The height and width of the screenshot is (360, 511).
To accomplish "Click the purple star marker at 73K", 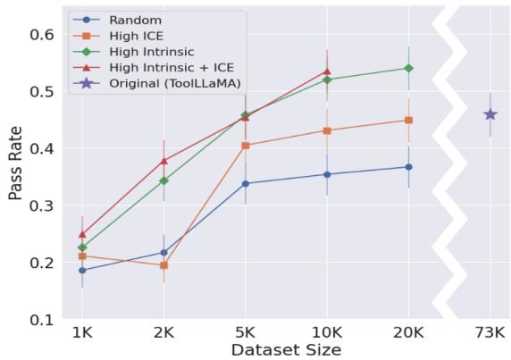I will (490, 114).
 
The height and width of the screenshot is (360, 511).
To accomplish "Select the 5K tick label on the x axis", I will (245, 332).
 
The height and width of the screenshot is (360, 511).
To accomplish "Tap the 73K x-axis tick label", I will (490, 332).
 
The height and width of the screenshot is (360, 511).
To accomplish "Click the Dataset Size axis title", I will (286, 349).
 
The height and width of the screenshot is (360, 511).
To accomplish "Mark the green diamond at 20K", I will (408, 68).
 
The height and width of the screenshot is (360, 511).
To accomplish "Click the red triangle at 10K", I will (327, 71).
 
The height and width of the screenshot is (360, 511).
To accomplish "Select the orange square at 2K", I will (163, 265).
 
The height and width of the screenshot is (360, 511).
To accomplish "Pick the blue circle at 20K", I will (408, 167).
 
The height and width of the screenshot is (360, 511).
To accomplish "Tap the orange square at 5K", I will (245, 145).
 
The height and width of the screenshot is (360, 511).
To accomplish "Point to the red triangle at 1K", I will (82, 234).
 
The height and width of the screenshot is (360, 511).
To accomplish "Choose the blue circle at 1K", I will (82, 270).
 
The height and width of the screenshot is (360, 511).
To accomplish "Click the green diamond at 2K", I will (163, 181).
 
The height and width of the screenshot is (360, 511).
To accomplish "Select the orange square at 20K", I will (408, 120).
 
